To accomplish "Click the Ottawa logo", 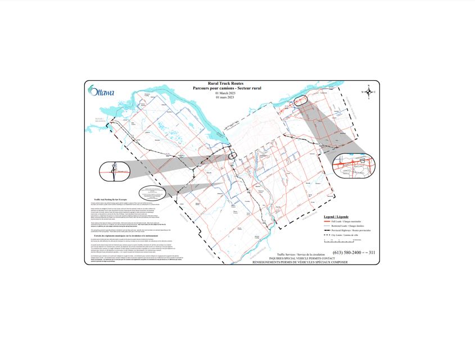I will (x=101, y=92).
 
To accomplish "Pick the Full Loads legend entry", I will (x=342, y=222).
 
